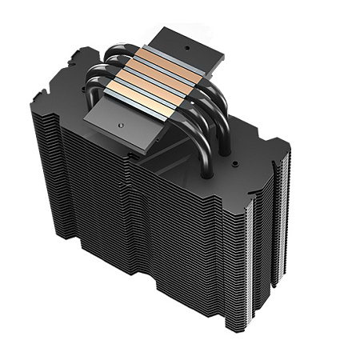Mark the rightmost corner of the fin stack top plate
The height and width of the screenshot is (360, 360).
[x=289, y=147]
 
